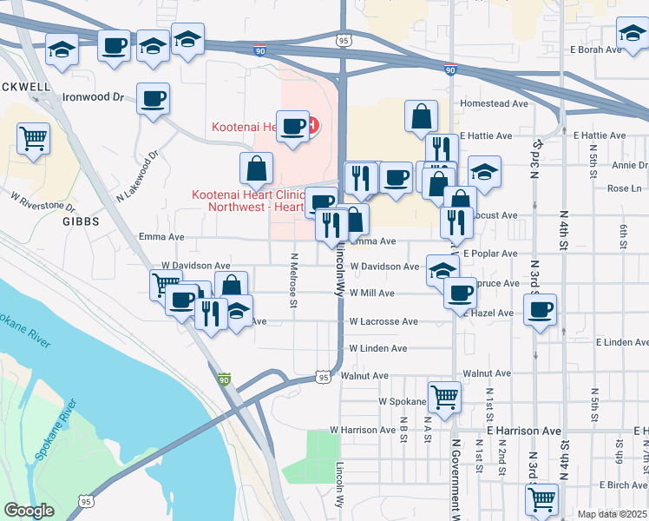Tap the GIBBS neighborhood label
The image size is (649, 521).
click(81, 221)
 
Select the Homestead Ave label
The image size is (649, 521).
click(495, 103)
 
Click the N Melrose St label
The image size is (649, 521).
click(294, 280)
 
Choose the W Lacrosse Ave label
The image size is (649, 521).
click(383, 321)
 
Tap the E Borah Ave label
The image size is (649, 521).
click(597, 49)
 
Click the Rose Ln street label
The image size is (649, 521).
click(625, 188)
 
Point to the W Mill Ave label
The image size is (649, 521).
click(372, 293)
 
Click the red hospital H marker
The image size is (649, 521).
click(311, 127)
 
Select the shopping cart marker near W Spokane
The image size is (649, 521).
click(445, 396)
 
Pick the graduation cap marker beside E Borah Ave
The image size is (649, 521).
click(631, 34)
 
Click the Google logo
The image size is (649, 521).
click(29, 511)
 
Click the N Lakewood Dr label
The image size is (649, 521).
click(139, 178)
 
